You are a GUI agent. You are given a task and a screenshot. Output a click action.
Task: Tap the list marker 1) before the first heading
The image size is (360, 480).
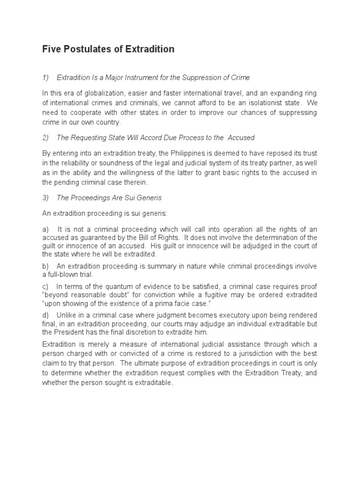point(45,77)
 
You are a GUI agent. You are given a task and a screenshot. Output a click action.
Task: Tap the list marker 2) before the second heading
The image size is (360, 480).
point(45,138)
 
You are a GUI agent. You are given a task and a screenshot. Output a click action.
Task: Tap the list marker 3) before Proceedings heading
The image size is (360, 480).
point(45,198)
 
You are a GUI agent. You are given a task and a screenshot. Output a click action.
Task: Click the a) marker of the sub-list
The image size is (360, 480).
point(45,229)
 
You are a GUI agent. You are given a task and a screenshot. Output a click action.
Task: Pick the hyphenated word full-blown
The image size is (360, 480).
point(61,274)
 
